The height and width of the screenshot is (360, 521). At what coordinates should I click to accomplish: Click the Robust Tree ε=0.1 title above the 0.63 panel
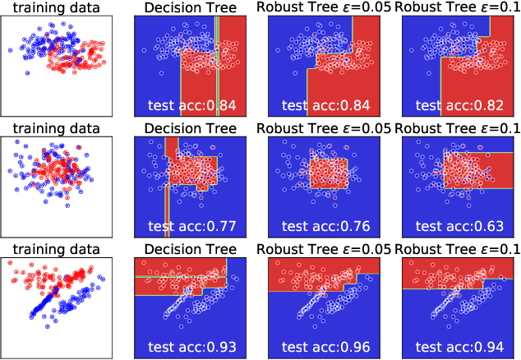coord(457,128)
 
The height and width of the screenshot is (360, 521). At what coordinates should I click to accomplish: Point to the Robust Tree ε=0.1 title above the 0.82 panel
coord(457,7)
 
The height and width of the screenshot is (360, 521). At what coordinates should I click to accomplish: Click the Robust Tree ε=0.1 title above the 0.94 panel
coord(457,249)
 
